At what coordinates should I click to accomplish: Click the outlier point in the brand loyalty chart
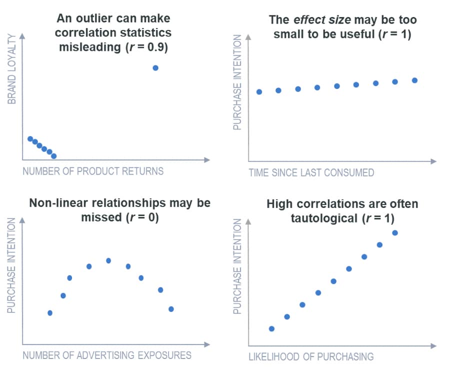(x=155, y=68)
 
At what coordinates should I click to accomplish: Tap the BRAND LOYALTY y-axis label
(x=12, y=68)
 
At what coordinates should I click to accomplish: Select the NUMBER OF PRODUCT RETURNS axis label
(x=93, y=171)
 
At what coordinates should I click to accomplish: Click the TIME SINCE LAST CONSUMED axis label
(x=311, y=173)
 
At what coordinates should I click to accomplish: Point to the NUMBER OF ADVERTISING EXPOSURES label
(x=107, y=355)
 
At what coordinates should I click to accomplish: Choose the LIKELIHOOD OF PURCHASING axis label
(x=311, y=357)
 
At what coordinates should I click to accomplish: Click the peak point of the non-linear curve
(x=108, y=260)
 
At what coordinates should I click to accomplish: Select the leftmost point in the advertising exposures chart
(x=50, y=313)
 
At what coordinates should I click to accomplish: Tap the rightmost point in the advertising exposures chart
(x=171, y=309)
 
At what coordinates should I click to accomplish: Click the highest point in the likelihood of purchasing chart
(x=395, y=232)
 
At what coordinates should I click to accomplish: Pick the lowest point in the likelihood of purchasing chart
(x=271, y=328)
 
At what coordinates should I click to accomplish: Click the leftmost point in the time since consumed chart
(x=259, y=92)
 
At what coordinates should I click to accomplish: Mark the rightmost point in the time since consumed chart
(x=414, y=80)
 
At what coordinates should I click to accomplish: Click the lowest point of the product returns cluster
(x=54, y=156)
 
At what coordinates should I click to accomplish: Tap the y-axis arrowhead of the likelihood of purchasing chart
(x=248, y=220)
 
